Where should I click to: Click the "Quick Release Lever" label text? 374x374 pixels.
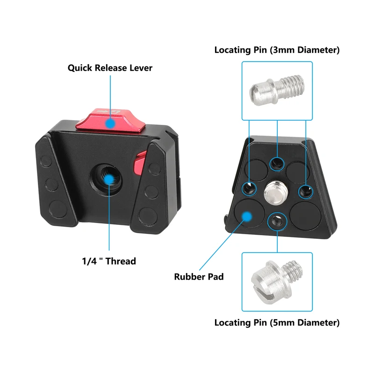click(110, 68)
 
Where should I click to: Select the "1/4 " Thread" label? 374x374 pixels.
click(108, 261)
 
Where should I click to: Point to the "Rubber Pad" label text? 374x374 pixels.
click(199, 277)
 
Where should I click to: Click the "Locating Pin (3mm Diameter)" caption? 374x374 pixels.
click(277, 50)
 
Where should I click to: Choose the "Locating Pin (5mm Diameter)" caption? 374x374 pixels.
click(277, 323)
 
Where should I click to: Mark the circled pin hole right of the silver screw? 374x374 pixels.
click(305, 190)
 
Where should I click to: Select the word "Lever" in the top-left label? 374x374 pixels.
click(139, 68)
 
